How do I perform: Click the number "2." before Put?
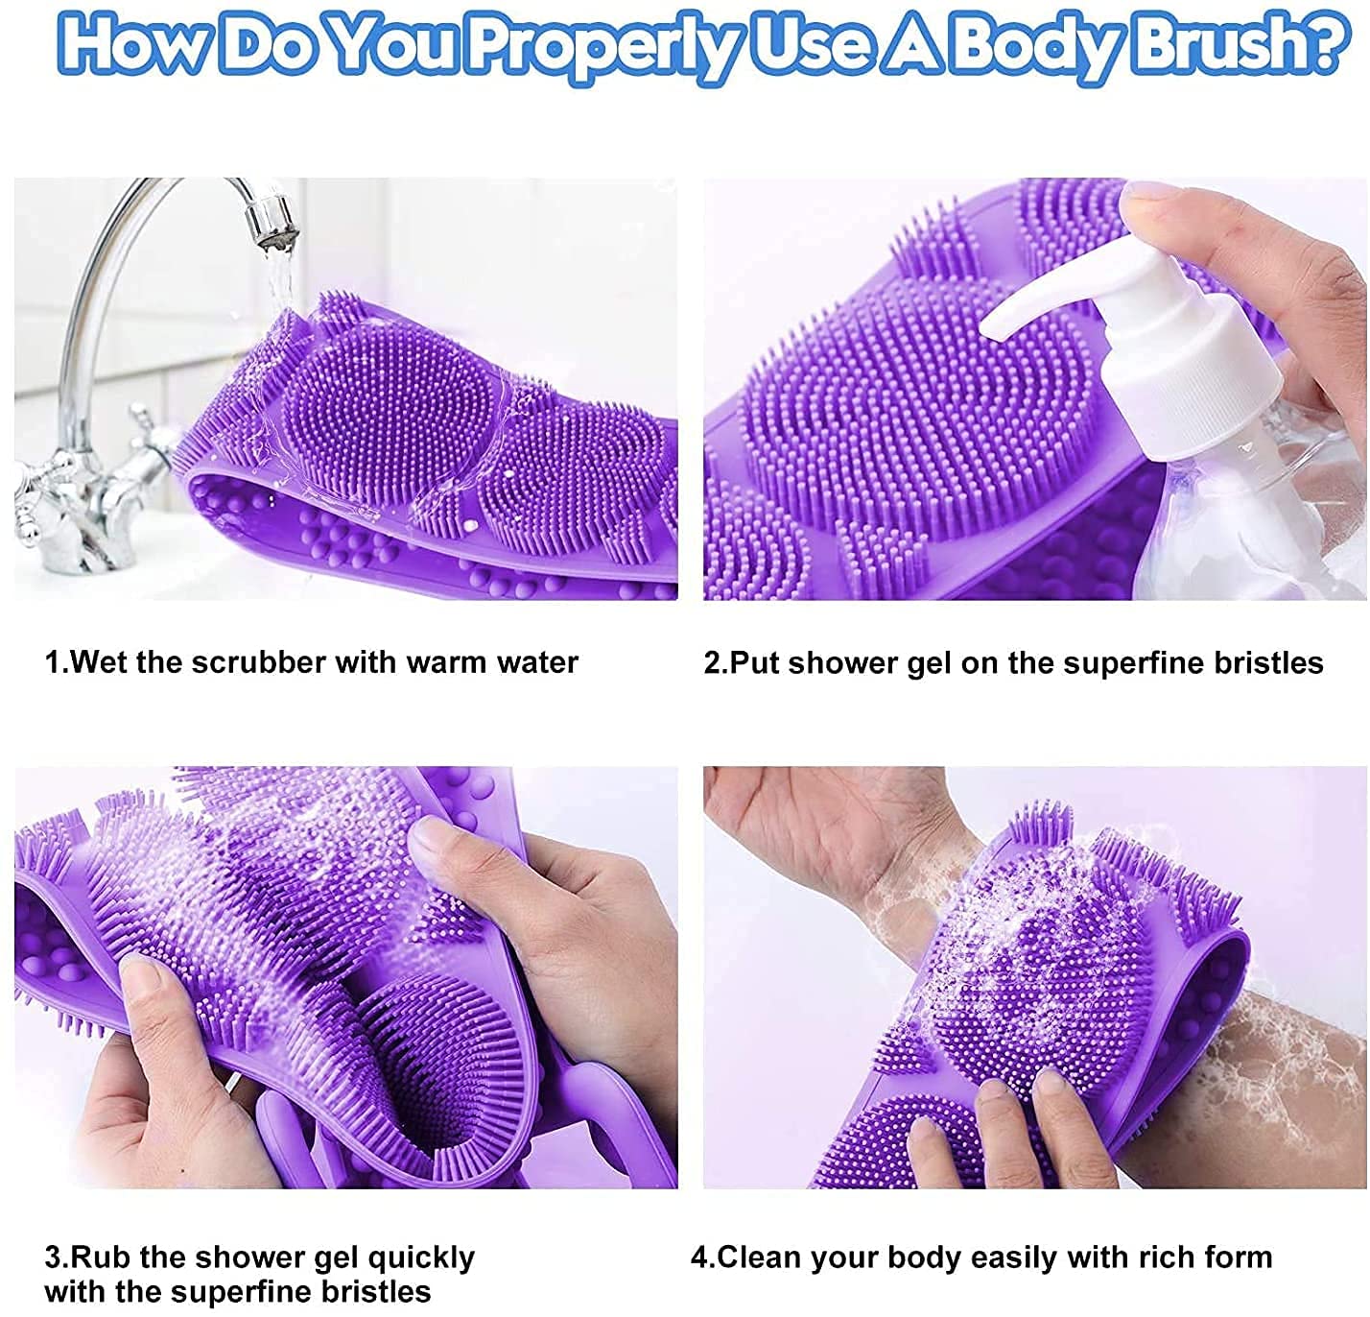[716, 663]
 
